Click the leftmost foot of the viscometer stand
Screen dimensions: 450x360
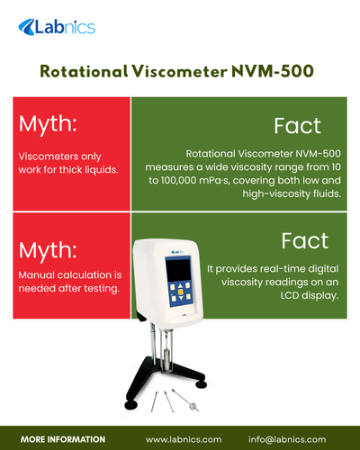(x=131, y=405)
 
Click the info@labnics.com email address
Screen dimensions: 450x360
(x=287, y=438)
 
